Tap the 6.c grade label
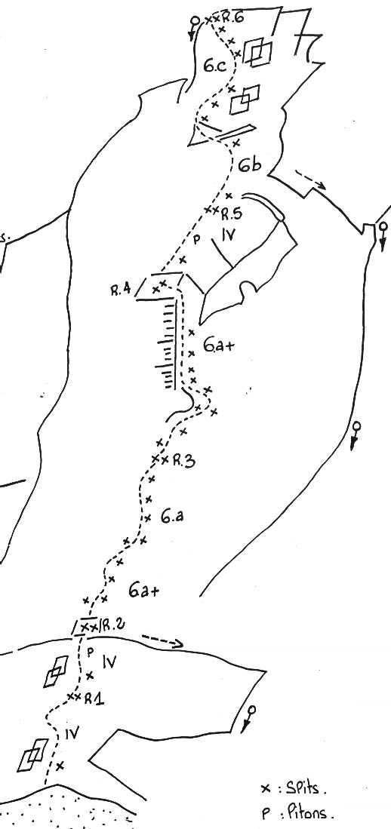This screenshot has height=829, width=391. pos(215,66)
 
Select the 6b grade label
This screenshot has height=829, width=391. pos(249,165)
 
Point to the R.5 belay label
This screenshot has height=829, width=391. pos(232,214)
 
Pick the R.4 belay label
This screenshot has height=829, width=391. pos(122,290)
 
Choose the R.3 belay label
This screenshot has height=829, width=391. pos(183,462)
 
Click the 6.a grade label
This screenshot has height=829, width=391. pos(173,517)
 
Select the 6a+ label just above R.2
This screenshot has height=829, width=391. pos(144,591)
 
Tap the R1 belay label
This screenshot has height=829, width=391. pos(94,699)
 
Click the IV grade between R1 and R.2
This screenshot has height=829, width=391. pos(109,662)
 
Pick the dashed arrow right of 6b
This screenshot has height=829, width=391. pos(311,179)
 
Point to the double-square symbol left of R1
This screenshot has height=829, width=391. pos(57,671)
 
